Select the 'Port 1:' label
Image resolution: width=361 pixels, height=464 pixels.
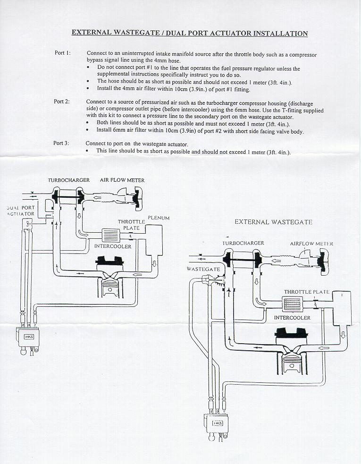[x=62, y=53]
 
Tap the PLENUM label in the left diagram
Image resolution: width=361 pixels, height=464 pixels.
[x=158, y=218]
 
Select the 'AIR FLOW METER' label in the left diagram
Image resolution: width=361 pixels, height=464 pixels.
[x=122, y=180]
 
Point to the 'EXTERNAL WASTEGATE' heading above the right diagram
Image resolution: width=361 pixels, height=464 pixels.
[x=273, y=222]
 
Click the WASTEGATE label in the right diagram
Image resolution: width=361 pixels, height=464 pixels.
[x=203, y=269]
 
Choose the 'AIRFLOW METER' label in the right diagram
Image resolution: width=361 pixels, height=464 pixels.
[x=311, y=244]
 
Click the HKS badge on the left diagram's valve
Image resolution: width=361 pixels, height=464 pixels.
[x=27, y=337]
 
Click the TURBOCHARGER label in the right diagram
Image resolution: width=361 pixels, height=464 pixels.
[x=243, y=243]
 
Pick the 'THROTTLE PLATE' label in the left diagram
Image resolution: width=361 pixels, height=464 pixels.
[x=131, y=225]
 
